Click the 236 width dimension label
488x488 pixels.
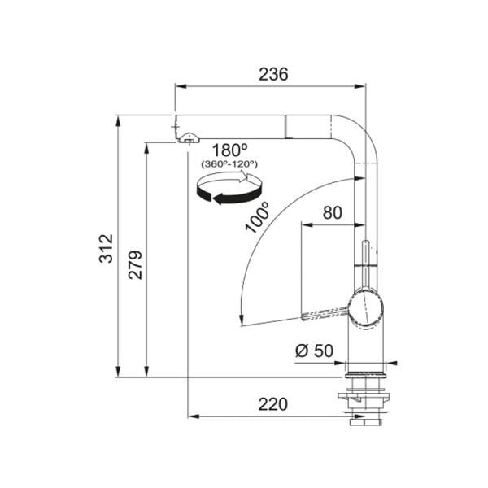[273, 74]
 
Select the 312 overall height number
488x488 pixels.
[106, 248]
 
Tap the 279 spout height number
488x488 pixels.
[135, 264]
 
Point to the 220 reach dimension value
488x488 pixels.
[273, 404]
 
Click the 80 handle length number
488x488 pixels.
[332, 213]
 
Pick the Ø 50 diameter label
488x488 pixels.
[314, 351]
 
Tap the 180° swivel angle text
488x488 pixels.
[229, 150]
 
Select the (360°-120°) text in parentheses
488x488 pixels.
[229, 164]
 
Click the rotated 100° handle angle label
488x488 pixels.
[257, 217]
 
